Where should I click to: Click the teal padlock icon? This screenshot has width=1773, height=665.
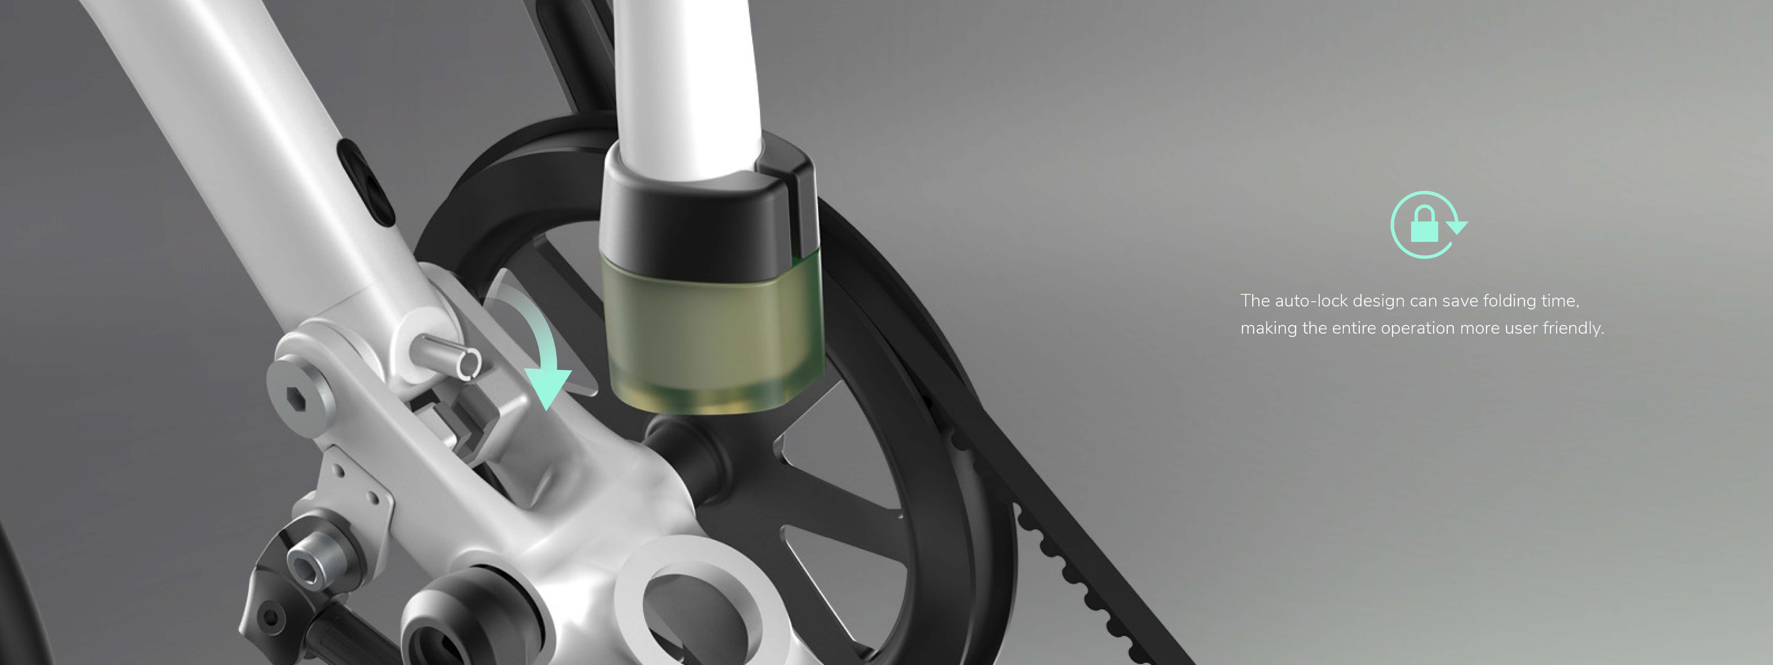(1424, 225)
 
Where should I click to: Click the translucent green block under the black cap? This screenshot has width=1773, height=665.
(712, 330)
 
